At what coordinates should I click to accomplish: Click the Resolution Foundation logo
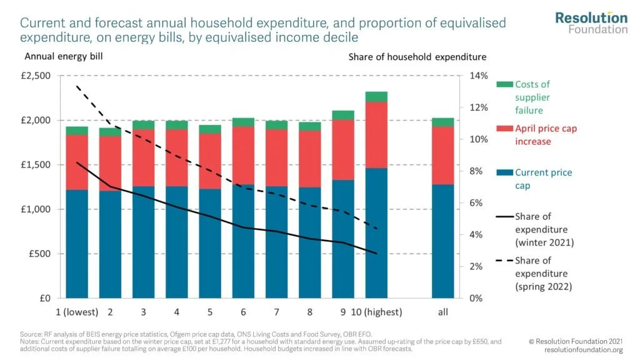(x=591, y=22)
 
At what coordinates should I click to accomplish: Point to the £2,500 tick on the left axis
(x=37, y=76)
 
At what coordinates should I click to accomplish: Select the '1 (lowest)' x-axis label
(x=74, y=312)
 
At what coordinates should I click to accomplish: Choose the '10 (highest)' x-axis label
(x=376, y=312)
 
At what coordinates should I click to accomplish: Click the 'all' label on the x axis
(x=442, y=312)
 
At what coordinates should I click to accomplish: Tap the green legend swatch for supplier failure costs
(x=503, y=84)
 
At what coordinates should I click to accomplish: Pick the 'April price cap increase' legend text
(x=545, y=135)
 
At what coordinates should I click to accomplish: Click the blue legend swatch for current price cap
(x=503, y=172)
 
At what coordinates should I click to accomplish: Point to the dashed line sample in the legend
(x=503, y=261)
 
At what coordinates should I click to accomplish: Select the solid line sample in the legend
(x=503, y=217)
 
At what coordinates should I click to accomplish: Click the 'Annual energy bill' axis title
(x=63, y=56)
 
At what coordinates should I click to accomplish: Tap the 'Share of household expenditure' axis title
(x=417, y=56)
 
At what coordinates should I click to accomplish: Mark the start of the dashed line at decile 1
(x=77, y=86)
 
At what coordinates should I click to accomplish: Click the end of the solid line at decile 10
(x=376, y=253)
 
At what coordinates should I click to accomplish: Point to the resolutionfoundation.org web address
(x=584, y=350)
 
